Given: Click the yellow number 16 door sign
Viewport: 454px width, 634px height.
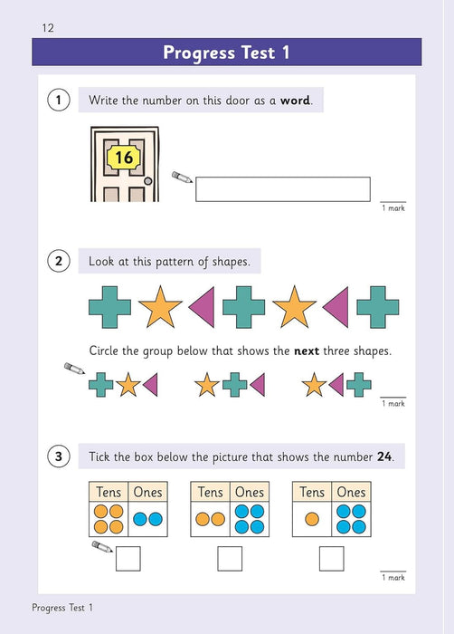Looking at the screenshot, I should click(x=124, y=158).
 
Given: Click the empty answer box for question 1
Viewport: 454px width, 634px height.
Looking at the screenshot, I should click(x=283, y=188).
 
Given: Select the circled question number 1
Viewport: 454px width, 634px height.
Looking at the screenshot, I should click(x=58, y=101).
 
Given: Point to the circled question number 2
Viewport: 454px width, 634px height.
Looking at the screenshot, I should click(x=58, y=262).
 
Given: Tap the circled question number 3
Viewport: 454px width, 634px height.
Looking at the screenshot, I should click(x=58, y=456).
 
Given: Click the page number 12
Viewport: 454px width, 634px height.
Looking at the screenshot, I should click(x=48, y=28).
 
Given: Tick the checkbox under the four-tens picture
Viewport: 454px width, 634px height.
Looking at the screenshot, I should click(x=128, y=559).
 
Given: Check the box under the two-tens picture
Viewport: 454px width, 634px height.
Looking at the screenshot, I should click(x=230, y=559).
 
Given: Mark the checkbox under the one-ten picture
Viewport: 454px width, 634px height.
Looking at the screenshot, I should click(x=331, y=559).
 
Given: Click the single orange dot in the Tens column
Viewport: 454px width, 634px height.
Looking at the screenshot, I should click(x=311, y=520).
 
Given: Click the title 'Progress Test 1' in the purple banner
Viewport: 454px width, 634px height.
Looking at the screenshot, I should click(x=226, y=53).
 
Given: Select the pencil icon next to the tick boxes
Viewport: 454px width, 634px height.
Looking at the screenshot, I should click(x=101, y=548).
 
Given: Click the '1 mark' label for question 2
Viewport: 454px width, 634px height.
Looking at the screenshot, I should click(x=393, y=404).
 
